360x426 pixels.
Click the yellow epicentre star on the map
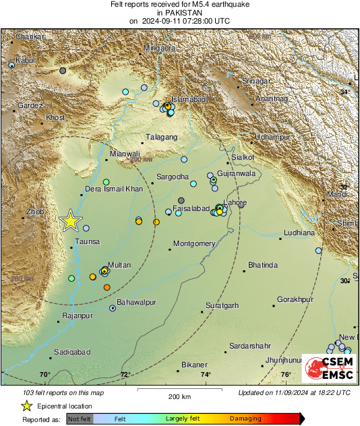pos(69,221)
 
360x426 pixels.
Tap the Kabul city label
pos(25,60)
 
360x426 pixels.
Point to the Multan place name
pos(119,266)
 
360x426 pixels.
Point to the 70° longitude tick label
pos(44,375)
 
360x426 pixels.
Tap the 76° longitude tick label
pos(286,375)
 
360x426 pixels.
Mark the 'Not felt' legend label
pos(80,419)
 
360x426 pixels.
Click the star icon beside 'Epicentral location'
pos(27,406)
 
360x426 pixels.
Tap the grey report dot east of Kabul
pos(63,70)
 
